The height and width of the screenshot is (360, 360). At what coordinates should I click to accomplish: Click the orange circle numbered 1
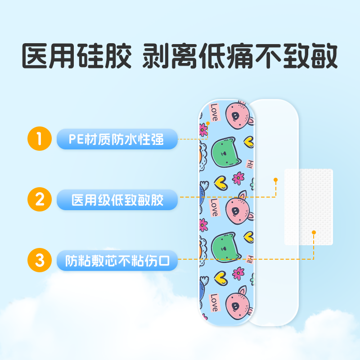click(39, 139)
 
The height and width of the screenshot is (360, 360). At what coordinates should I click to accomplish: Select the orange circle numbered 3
click(39, 260)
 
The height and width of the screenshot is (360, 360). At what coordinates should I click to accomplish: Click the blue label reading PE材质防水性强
click(117, 139)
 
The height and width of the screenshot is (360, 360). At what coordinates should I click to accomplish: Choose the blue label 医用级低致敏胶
click(117, 199)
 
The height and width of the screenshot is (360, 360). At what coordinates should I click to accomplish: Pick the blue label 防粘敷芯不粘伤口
click(117, 260)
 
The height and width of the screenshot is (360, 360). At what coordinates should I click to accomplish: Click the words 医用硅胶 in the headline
click(77, 56)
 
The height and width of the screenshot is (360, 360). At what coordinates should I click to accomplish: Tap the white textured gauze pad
click(308, 207)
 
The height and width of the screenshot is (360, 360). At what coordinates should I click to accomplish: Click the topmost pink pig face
click(238, 115)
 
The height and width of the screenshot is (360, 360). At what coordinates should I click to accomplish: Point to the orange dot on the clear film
click(275, 180)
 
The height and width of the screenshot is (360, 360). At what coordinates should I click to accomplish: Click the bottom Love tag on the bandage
click(214, 302)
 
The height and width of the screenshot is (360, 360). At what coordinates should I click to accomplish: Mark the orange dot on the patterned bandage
click(208, 122)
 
